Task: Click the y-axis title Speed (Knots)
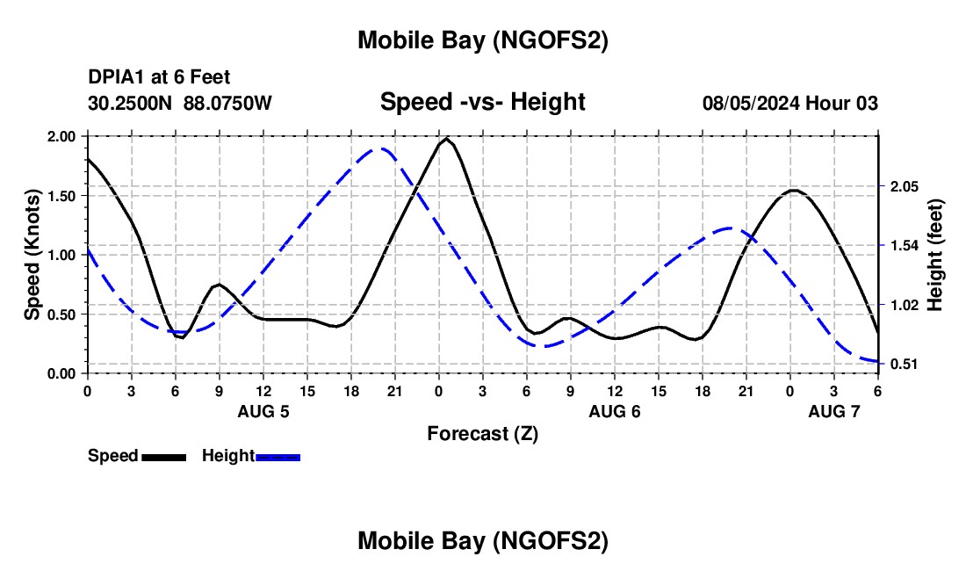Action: (x=32, y=255)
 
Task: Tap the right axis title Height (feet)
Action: (x=934, y=255)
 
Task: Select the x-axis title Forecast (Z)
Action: (x=482, y=433)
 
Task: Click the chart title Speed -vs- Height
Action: (x=482, y=102)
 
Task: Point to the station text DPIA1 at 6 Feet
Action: (x=159, y=78)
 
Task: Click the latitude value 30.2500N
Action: (x=131, y=103)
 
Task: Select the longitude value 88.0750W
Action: (x=227, y=103)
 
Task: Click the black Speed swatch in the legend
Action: (x=163, y=456)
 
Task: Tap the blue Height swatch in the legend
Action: (x=278, y=456)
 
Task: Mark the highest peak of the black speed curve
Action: (x=447, y=139)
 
